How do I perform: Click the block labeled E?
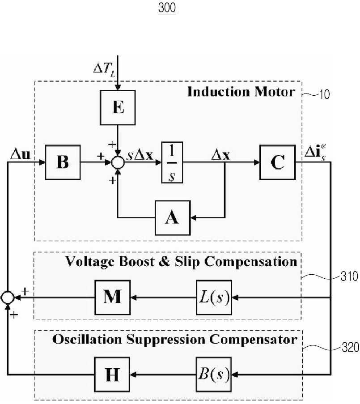(x=118, y=108)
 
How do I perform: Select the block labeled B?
(x=63, y=162)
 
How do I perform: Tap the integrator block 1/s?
(x=172, y=162)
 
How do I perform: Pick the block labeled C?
(x=278, y=162)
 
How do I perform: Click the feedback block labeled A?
(x=173, y=218)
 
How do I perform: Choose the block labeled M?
(x=113, y=298)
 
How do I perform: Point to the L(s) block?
(x=214, y=298)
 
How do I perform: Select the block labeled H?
(x=112, y=374)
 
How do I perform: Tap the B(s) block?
(x=213, y=374)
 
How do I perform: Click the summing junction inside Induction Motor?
(x=118, y=162)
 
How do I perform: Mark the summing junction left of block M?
(x=8, y=298)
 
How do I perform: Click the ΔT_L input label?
(x=104, y=69)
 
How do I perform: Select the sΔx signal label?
(x=140, y=155)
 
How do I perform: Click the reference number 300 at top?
(x=167, y=8)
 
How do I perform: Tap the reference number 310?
(x=349, y=276)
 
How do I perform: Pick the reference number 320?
(x=350, y=347)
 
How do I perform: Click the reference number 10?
(x=325, y=94)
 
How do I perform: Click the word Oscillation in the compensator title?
(x=87, y=339)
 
